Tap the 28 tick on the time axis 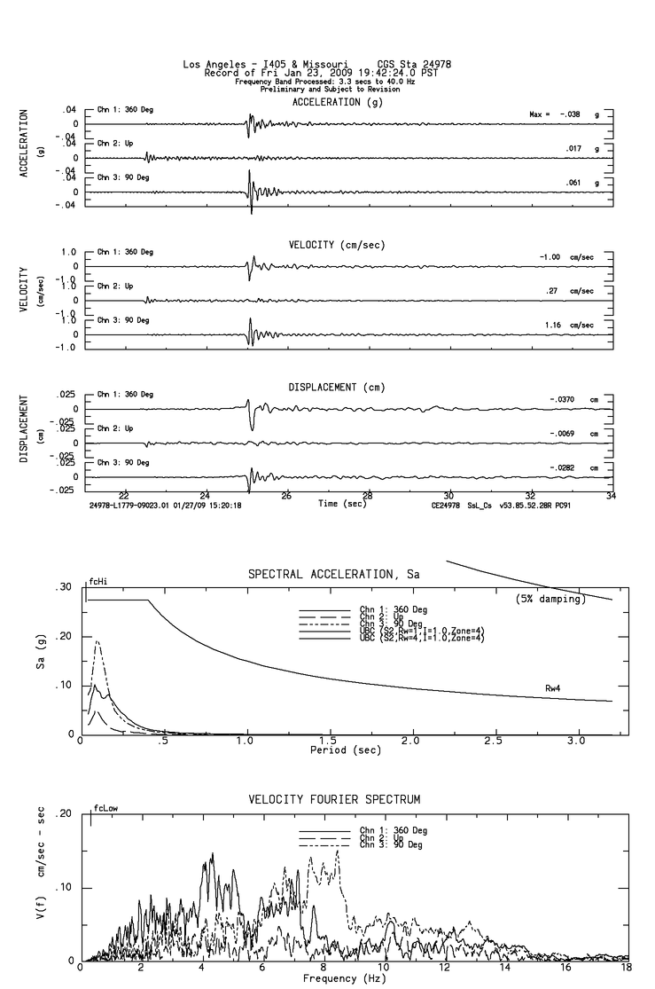pos(368,495)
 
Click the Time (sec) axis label pos(342,503)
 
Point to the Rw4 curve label pos(556,687)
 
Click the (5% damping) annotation pos(550,600)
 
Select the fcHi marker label pos(97,583)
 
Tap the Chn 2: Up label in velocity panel pos(115,286)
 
